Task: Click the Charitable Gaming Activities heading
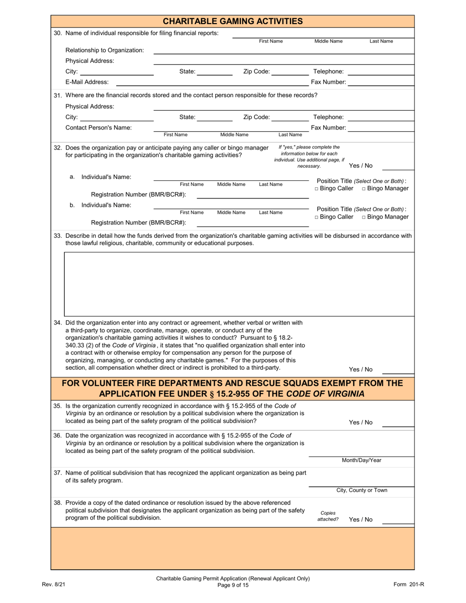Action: pyautogui.click(x=233, y=21)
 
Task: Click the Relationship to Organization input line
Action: pyautogui.click(x=284, y=50)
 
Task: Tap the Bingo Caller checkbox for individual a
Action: pyautogui.click(x=317, y=189)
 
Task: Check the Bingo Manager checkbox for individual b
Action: pyautogui.click(x=364, y=217)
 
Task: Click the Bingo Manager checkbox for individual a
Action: pyautogui.click(x=364, y=189)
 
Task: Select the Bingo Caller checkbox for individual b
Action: pyautogui.click(x=317, y=217)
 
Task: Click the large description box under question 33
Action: pyautogui.click(x=239, y=284)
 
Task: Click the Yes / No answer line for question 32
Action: pyautogui.click(x=397, y=166)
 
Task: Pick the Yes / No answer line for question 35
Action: pyautogui.click(x=397, y=423)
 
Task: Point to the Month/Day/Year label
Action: pyautogui.click(x=361, y=460)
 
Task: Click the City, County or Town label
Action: pyautogui.click(x=361, y=490)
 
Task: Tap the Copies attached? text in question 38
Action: pyautogui.click(x=328, y=516)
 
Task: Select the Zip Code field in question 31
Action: pyautogui.click(x=290, y=117)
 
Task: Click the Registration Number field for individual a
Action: pyautogui.click(x=252, y=195)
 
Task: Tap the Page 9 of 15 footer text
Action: pyautogui.click(x=233, y=584)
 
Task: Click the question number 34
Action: pyautogui.click(x=57, y=323)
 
